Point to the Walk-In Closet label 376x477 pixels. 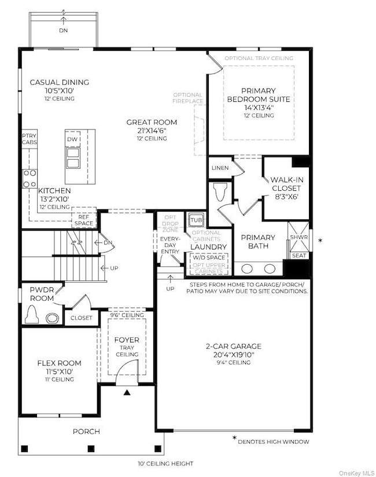click(286, 184)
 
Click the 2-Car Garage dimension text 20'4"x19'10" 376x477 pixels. click(235, 354)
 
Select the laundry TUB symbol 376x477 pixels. click(196, 220)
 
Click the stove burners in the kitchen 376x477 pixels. click(28, 178)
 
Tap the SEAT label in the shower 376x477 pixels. click(299, 256)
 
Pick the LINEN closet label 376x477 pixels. click(220, 168)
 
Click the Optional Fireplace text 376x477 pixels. click(187, 98)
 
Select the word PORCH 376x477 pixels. click(86, 431)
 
